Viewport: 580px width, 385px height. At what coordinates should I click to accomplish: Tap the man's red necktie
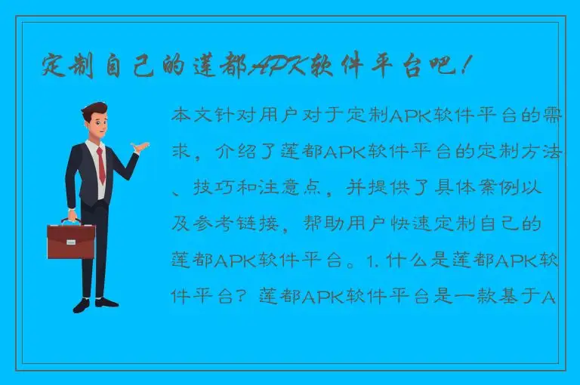(100, 166)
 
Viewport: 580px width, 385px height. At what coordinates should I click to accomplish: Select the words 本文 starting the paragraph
(192, 115)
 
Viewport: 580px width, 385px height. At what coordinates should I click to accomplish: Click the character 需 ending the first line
(554, 115)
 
